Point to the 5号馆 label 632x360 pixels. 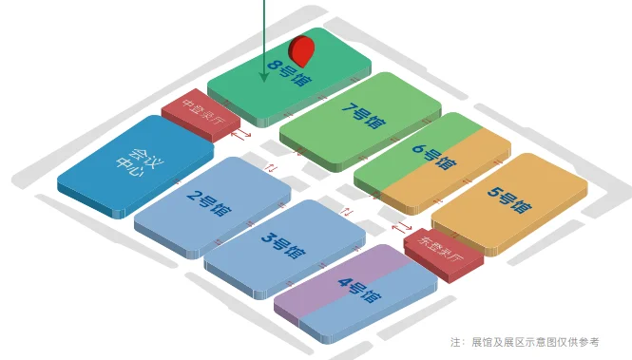pyautogui.click(x=509, y=200)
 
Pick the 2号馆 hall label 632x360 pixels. pyautogui.click(x=208, y=204)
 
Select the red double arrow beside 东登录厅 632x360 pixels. pyautogui.click(x=403, y=227)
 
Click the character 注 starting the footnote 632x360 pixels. pyautogui.click(x=456, y=342)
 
